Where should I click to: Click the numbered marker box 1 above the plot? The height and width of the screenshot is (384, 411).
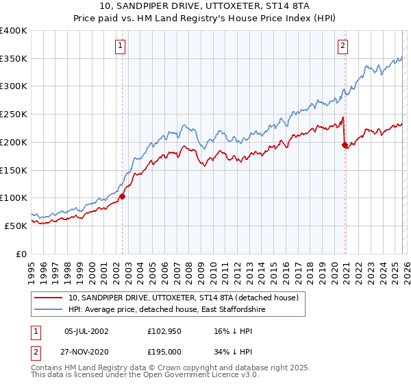coord(120,46)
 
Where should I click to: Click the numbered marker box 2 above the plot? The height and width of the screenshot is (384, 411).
coord(342,46)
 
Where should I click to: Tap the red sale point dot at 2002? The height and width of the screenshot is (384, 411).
coord(123,196)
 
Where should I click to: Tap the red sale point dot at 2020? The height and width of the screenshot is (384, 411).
coord(345,144)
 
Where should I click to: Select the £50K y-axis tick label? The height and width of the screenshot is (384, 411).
coord(16,226)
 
